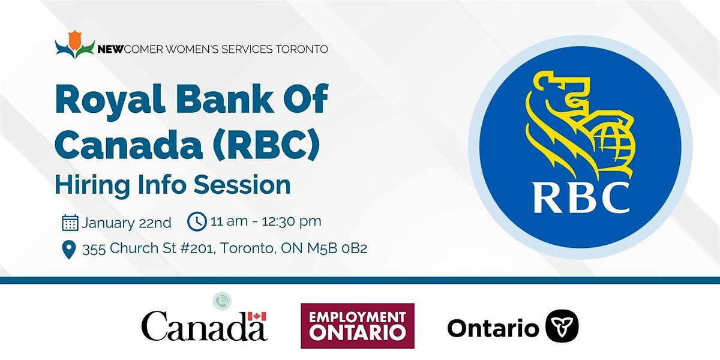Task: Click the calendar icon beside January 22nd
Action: [x=70, y=223]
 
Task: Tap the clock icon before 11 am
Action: [x=197, y=221]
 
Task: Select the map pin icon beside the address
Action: [x=69, y=250]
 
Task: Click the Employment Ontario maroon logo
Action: [x=358, y=326]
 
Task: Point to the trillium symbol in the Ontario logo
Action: [x=562, y=326]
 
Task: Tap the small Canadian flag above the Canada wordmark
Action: [x=257, y=316]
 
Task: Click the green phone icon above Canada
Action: [x=222, y=301]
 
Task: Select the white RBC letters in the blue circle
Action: [x=581, y=197]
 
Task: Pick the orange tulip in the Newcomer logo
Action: [x=74, y=41]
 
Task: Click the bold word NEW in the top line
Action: [x=110, y=49]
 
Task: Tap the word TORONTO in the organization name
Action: [x=302, y=49]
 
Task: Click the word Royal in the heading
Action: [x=110, y=100]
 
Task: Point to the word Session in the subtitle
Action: [x=242, y=185]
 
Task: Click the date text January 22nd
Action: [x=126, y=223]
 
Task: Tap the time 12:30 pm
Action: [x=292, y=222]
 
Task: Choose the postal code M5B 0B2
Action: [x=337, y=248]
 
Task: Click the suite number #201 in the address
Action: [x=197, y=248]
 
